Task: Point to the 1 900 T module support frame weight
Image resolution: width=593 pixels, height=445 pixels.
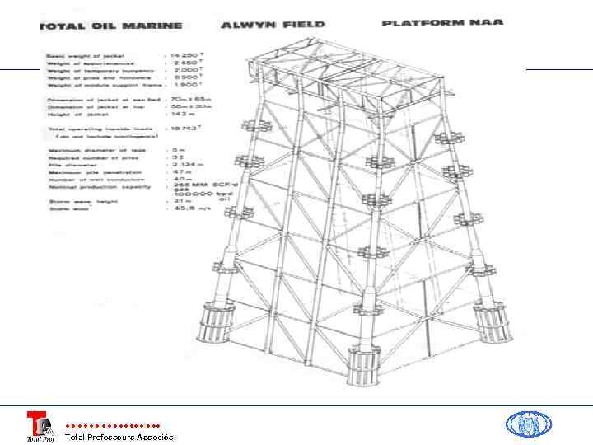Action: click(x=188, y=84)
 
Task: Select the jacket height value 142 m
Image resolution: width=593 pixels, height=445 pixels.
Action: click(x=186, y=115)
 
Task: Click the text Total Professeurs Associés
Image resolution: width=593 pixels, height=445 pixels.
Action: click(x=119, y=437)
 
